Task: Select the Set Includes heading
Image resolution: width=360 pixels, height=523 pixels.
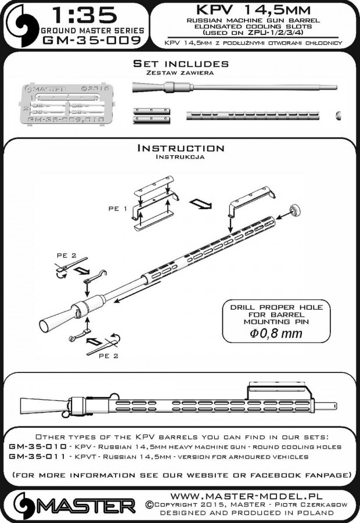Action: coord(180,63)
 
